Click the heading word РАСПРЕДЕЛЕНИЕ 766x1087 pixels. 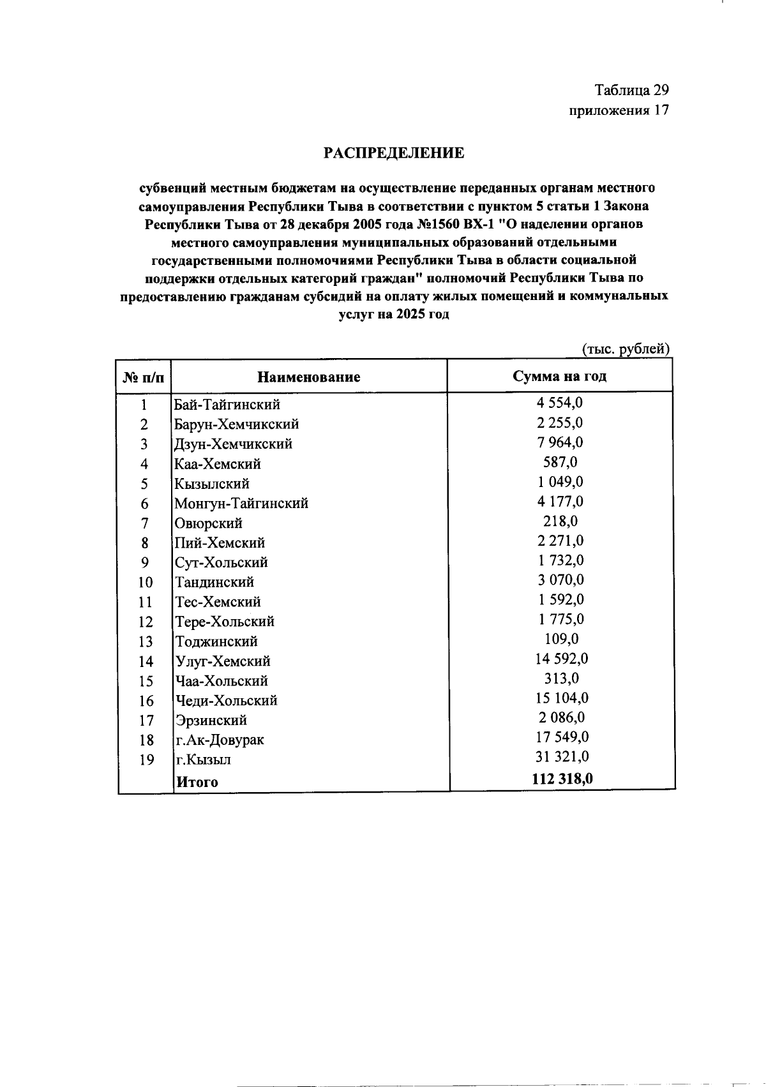click(x=393, y=153)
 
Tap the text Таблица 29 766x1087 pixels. click(x=631, y=90)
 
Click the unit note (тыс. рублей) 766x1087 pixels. click(x=625, y=349)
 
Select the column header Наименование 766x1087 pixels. click(x=308, y=377)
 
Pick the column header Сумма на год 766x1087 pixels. click(x=560, y=376)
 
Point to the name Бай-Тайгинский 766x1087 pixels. click(x=227, y=405)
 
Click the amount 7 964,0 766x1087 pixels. click(x=560, y=442)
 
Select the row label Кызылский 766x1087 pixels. click(x=212, y=484)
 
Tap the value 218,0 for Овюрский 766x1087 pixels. click(x=560, y=521)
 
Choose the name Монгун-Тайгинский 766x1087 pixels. click(x=241, y=504)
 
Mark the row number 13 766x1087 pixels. click(x=146, y=641)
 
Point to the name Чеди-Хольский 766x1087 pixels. click(x=226, y=701)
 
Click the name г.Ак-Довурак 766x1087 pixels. click(x=220, y=740)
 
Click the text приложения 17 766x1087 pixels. click(x=619, y=111)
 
